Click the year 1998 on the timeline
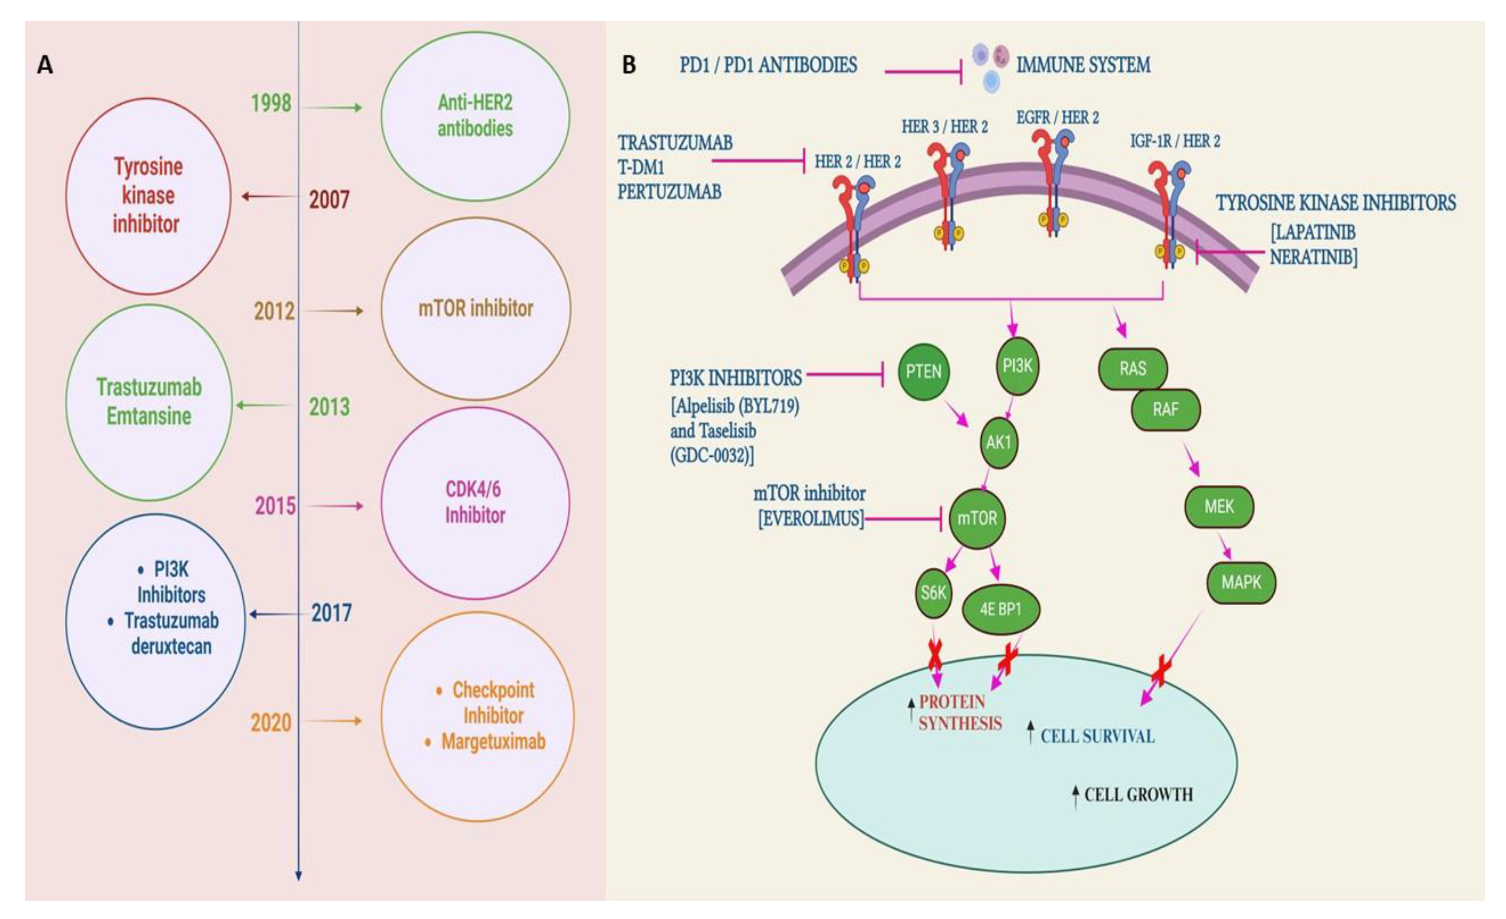(271, 103)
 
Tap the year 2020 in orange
(271, 722)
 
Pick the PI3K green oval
(1017, 366)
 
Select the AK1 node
(998, 442)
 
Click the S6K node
(933, 592)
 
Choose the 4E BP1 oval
(1000, 609)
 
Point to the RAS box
(1132, 369)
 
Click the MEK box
(1219, 507)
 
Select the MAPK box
(1241, 582)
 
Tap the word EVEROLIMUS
(811, 519)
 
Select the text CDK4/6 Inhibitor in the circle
(475, 502)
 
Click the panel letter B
(629, 65)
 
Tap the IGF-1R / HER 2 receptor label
(1175, 141)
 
